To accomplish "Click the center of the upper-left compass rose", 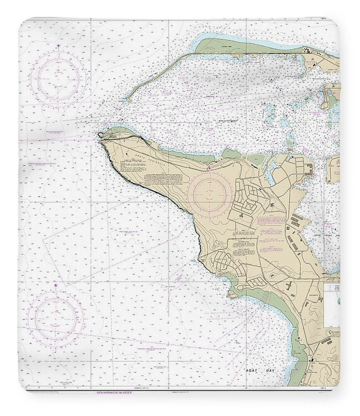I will [58, 78].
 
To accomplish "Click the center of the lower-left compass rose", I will [56, 319].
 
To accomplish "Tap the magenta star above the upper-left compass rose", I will [58, 45].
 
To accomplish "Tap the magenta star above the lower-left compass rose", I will [56, 286].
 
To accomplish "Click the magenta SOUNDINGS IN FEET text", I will [114, 392].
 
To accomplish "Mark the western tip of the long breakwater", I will [128, 100].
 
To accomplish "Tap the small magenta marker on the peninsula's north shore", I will [210, 168].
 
